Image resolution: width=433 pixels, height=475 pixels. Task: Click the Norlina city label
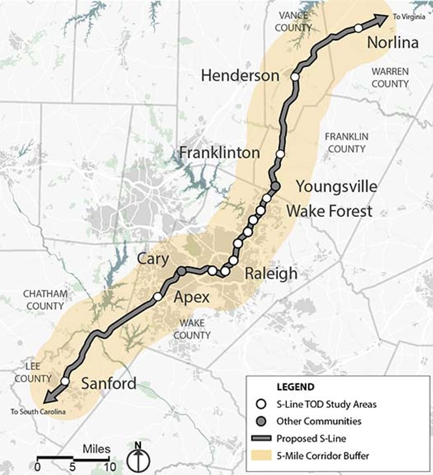pyautogui.click(x=393, y=42)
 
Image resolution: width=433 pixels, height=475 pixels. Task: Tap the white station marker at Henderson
pyautogui.click(x=295, y=77)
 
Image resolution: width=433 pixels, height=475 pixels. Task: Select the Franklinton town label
pyautogui.click(x=220, y=152)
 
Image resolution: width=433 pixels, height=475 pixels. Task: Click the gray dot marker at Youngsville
pyautogui.click(x=276, y=186)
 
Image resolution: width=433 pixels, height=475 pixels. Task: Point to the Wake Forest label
pyautogui.click(x=329, y=211)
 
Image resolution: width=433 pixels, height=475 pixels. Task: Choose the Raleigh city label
pyautogui.click(x=271, y=273)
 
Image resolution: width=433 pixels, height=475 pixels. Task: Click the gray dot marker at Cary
pyautogui.click(x=181, y=271)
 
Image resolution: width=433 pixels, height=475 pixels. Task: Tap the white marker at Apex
pyautogui.click(x=157, y=296)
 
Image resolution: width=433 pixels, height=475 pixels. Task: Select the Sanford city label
pyautogui.click(x=109, y=383)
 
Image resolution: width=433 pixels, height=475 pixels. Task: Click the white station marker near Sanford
pyautogui.click(x=65, y=381)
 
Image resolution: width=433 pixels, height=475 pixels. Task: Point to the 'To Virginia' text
pyautogui.click(x=408, y=17)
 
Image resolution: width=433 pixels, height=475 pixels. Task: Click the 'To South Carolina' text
pyautogui.click(x=38, y=411)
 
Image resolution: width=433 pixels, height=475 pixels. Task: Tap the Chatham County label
pyautogui.click(x=45, y=300)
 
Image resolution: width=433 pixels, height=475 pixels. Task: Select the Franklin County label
pyautogui.click(x=346, y=142)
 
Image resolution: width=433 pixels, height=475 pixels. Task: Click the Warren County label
pyautogui.click(x=390, y=78)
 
